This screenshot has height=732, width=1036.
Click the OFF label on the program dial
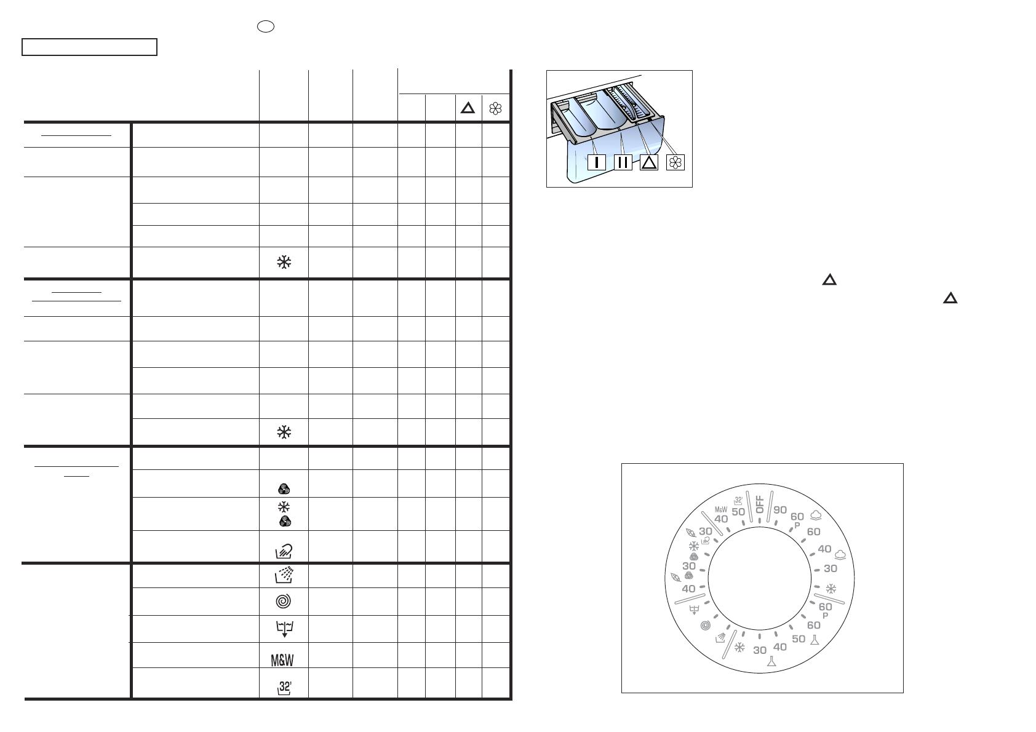(759, 504)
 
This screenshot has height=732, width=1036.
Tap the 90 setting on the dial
(780, 509)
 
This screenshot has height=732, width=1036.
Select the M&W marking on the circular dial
(721, 509)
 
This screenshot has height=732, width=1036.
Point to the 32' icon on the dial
(738, 501)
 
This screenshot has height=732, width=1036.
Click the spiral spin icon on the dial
(706, 626)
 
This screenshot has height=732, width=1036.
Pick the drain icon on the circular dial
(694, 610)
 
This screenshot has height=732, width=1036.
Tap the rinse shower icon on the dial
(720, 638)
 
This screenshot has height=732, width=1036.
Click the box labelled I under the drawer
(596, 162)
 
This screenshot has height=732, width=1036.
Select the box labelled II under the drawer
(623, 162)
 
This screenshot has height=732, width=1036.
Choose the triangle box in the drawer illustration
(649, 162)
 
